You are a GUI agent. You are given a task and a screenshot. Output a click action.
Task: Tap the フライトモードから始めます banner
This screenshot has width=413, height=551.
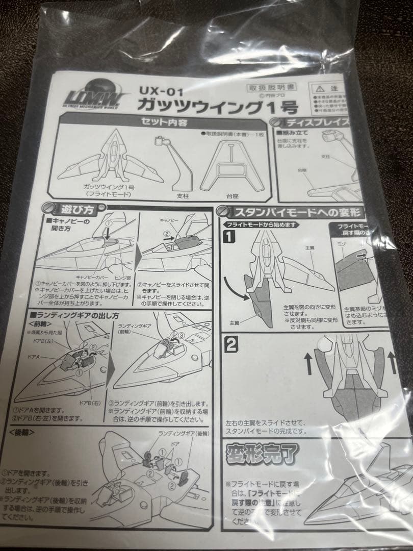260,224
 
